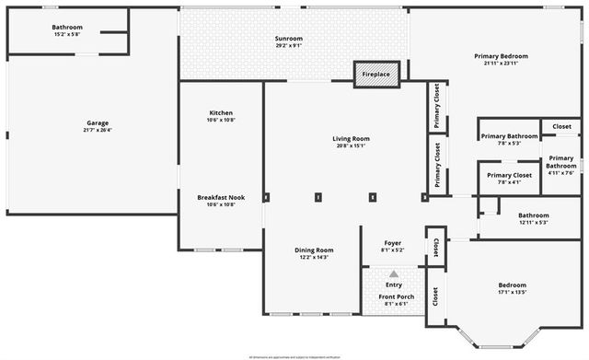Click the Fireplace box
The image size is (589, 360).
pos(376,74)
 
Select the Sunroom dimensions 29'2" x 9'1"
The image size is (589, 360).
pos(288,47)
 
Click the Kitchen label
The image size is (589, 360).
pos(221,112)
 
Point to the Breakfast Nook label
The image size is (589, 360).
pos(221,196)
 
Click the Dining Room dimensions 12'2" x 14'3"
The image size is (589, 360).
pos(313,258)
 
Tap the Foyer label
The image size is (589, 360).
pos(392,242)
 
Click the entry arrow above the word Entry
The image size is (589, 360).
pos(393,273)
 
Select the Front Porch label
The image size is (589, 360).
pos(392,296)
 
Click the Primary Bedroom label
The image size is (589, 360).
pos(502,56)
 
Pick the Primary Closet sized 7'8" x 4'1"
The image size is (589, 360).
pos(509,182)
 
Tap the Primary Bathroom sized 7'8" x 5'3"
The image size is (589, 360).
pos(509,143)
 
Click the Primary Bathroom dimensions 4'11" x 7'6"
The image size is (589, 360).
pos(560,172)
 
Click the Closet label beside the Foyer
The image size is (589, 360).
pos(434,247)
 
